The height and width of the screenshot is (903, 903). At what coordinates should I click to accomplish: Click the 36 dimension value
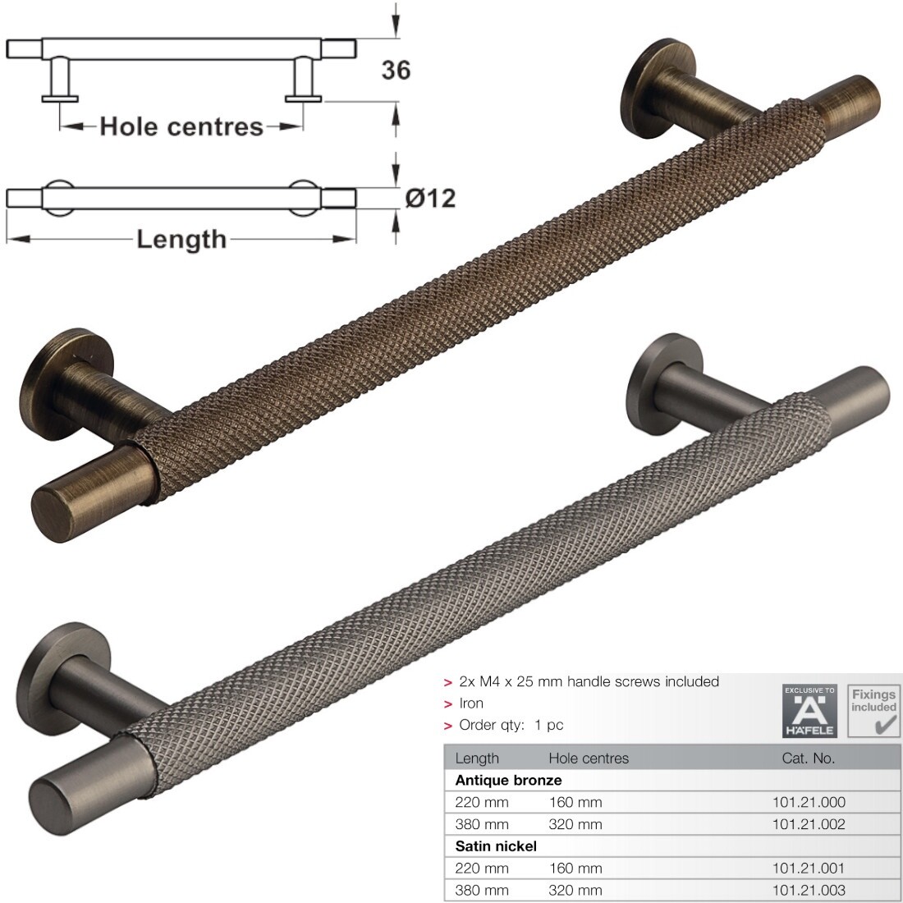[396, 71]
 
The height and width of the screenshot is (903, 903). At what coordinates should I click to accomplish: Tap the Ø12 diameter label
[430, 198]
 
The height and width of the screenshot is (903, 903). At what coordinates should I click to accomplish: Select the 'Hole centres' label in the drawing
[181, 126]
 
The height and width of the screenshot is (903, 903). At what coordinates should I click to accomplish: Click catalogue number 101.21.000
[809, 802]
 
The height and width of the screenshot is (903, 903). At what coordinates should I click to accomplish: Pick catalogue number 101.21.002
[809, 824]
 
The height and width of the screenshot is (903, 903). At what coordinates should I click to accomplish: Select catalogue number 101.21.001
[809, 868]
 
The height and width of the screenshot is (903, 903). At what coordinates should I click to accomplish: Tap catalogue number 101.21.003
[809, 890]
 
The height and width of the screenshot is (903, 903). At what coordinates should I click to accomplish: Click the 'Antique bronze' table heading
[508, 781]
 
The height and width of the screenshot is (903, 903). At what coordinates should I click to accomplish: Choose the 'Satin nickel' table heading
[496, 846]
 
